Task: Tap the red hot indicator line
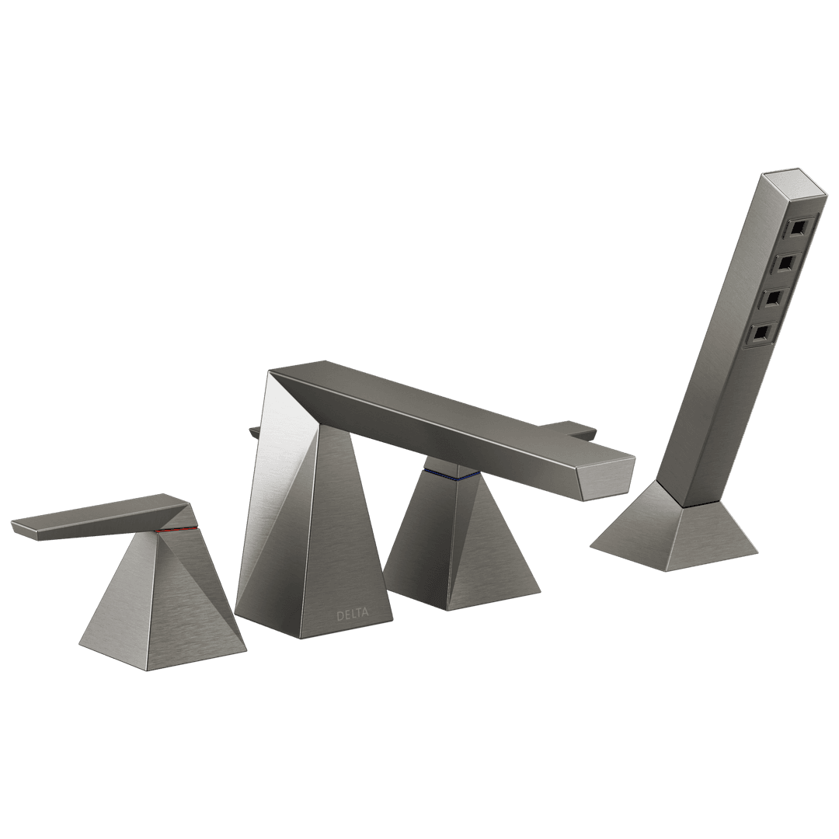click(176, 529)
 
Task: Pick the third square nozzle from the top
click(773, 299)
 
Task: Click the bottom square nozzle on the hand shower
click(761, 334)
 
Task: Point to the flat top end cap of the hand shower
click(795, 184)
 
